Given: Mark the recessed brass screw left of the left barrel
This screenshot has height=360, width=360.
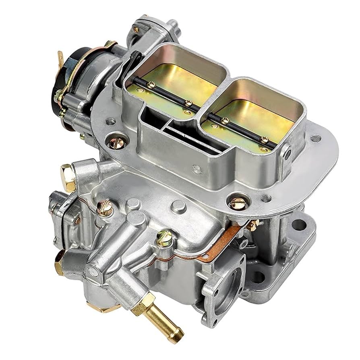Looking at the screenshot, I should [117, 141].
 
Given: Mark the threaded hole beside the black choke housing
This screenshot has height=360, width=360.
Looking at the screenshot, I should [111, 121].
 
